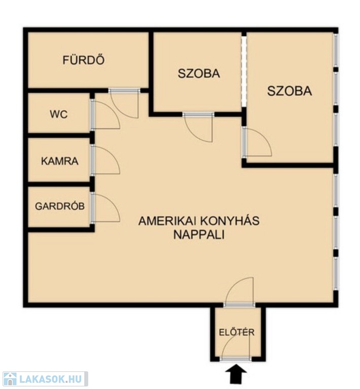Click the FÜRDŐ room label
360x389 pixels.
[x=84, y=60]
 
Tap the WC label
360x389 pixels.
[x=59, y=114]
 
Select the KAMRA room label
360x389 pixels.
[x=60, y=161]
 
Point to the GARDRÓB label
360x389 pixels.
[x=60, y=206]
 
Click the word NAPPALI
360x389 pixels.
[x=199, y=235]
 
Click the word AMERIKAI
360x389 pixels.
[x=164, y=221]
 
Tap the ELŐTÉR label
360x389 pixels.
[x=237, y=332]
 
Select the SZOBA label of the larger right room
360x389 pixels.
[x=290, y=91]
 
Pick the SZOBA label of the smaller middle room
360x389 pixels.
[x=199, y=73]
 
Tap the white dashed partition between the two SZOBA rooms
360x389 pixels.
[x=244, y=72]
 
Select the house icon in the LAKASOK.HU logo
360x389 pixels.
[x=10, y=379]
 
